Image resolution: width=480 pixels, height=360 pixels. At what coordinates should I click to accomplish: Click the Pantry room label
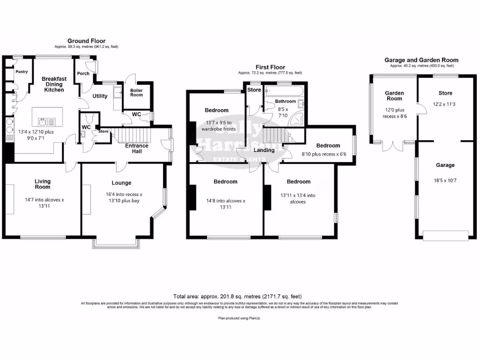point(22,72)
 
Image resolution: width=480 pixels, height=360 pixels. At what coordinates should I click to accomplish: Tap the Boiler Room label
point(136,92)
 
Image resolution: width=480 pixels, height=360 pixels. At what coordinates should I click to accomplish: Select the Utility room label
point(100,96)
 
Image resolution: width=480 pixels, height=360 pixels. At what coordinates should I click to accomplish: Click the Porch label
point(83,73)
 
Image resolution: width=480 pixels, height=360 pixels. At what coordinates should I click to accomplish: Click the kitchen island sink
point(47,122)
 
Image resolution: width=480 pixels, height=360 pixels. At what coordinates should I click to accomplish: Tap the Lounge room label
point(121,183)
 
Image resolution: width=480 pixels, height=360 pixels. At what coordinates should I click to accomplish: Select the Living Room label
point(42,184)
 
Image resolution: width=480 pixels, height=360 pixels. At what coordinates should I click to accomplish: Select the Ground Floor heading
point(86,41)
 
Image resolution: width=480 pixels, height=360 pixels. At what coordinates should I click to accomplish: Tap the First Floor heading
point(270,67)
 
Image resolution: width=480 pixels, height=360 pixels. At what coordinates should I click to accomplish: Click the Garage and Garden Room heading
point(421,60)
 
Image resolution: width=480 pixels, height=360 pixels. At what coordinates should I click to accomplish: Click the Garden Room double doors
point(392,146)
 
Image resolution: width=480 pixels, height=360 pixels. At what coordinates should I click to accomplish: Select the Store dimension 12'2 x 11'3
point(445,105)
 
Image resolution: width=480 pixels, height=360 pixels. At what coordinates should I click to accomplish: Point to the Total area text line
point(238,296)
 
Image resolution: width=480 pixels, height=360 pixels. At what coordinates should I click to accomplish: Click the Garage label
point(445,165)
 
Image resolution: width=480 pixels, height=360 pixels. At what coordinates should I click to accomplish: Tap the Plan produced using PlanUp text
point(240,318)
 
